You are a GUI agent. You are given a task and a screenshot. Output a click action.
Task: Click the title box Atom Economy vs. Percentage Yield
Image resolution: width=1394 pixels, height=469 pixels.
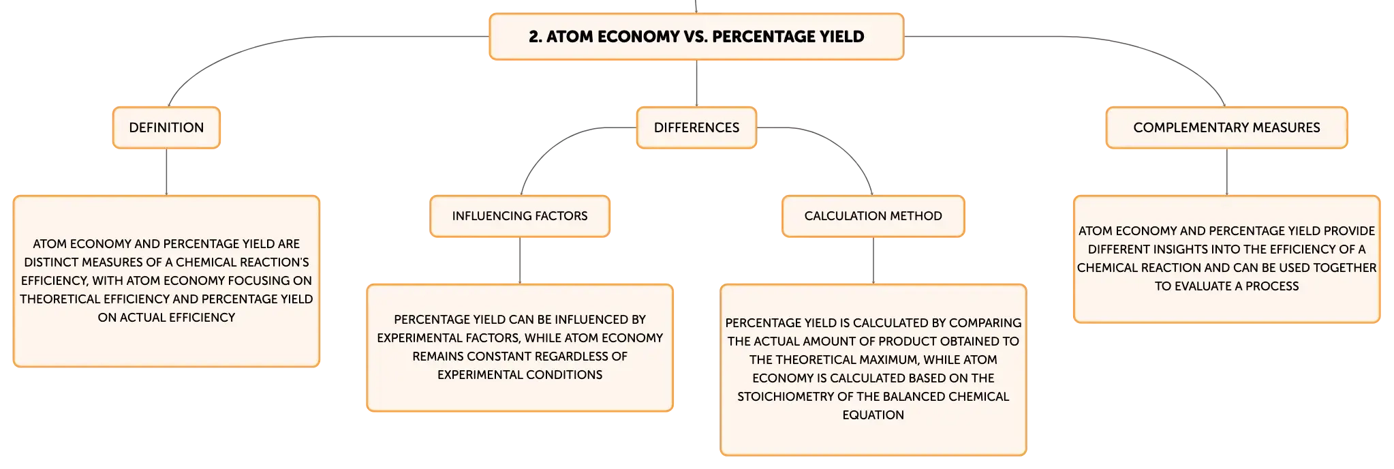pos(696,37)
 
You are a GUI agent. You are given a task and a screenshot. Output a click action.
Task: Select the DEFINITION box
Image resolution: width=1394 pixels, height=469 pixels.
pos(166,127)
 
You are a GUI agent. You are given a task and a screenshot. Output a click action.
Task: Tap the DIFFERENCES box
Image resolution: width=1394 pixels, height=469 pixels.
pos(696,127)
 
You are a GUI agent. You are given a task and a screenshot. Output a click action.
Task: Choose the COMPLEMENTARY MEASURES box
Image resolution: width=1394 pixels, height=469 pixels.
pos(1226,127)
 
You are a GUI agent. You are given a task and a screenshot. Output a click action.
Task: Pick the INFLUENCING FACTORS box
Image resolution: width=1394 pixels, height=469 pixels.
pos(520,216)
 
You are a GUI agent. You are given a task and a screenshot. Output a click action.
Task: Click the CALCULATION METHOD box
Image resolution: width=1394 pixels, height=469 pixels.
pos(873,216)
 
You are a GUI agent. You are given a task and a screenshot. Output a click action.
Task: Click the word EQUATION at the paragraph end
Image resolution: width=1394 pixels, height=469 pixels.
pos(873,415)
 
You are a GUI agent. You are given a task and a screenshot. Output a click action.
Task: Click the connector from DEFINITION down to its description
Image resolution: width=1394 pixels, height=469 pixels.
pos(166,172)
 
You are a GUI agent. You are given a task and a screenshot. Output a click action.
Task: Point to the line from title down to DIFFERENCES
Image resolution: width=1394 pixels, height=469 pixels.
pos(696,83)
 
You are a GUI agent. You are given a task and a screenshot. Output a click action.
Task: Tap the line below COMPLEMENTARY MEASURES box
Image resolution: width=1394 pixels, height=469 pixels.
pos(1226,172)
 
